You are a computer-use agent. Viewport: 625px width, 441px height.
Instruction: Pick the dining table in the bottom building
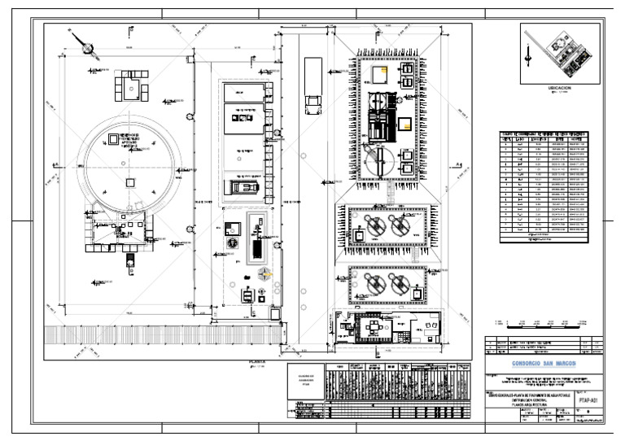pyautogui.click(x=374, y=326)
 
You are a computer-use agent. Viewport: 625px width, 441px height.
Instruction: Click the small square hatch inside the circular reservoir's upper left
pyautogui.click(x=111, y=142)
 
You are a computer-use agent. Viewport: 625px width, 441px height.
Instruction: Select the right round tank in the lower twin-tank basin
pyautogui.click(x=400, y=286)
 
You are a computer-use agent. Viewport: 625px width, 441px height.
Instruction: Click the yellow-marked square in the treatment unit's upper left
pyautogui.click(x=378, y=75)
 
